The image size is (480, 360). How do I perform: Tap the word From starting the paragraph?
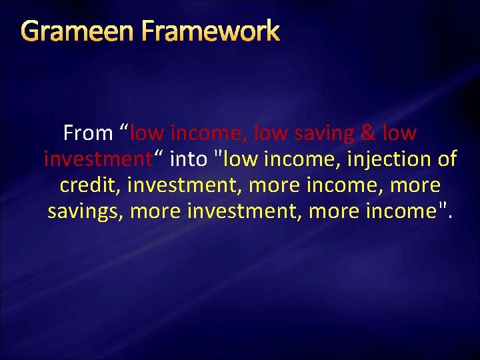coord(88,133)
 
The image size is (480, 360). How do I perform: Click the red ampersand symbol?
coord(367,133)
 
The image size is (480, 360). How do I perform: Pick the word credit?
coord(87,185)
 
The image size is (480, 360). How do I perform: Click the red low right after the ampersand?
coord(400,133)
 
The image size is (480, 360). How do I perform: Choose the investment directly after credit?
coord(176,185)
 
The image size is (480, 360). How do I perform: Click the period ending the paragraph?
coord(450,218)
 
